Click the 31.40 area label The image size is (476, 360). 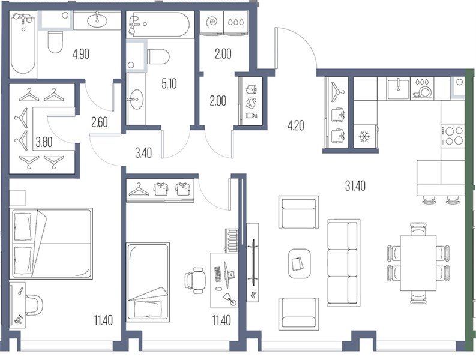[355, 186]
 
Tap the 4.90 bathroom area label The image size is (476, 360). [81, 55]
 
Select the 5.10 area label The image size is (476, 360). [169, 83]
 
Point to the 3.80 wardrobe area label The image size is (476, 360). [44, 142]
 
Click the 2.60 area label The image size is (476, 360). [99, 122]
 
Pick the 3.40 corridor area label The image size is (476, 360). [143, 153]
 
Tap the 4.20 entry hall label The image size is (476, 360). [295, 125]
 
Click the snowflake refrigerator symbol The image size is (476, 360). [364, 137]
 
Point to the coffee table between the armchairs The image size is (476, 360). [300, 263]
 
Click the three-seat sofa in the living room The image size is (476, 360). [343, 263]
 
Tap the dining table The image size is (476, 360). [418, 263]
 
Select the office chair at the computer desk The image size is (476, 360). [194, 280]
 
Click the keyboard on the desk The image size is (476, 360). [218, 275]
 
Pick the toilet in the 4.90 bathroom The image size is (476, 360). [55, 42]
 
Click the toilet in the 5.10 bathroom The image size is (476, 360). [158, 56]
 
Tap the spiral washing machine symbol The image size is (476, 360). [212, 22]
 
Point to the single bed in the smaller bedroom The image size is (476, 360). [148, 282]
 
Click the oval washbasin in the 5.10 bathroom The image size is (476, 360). [136, 99]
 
